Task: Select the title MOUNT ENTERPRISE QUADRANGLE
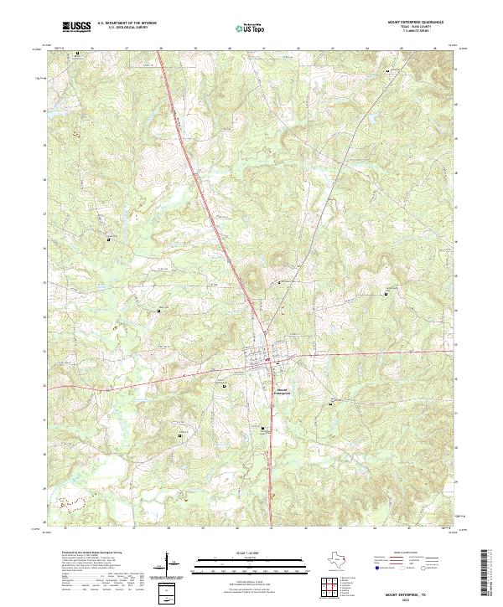point(416,22)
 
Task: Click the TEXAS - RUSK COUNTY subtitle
point(416,27)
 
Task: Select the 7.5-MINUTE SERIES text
point(416,31)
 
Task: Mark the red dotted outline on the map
point(71,503)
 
